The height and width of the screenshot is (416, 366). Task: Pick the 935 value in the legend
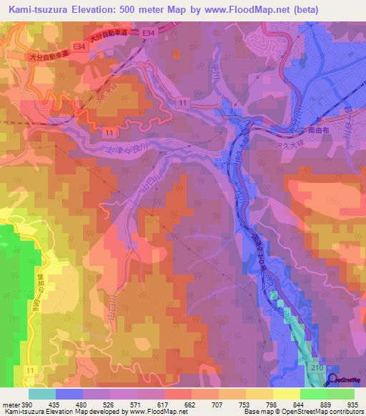pyautogui.click(x=353, y=404)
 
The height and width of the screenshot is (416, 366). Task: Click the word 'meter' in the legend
pyautogui.click(x=11, y=404)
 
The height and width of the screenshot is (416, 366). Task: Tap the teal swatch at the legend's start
pyautogui.click(x=42, y=394)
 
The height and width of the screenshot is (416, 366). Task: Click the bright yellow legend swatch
pyautogui.click(x=286, y=394)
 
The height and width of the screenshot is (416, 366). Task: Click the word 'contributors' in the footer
pyautogui.click(x=344, y=412)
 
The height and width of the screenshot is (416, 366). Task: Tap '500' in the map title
pyautogui.click(x=129, y=10)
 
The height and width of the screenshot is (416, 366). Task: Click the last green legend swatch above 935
pyautogui.click(x=340, y=394)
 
